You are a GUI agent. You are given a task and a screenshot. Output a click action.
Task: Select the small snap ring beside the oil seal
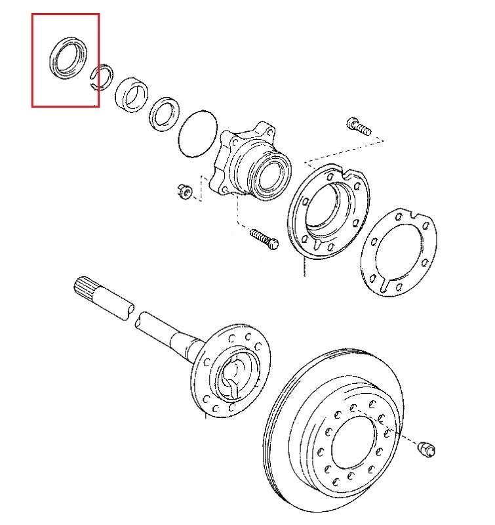coord(102,77)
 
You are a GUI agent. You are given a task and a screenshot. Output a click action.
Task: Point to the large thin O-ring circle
coord(198,135)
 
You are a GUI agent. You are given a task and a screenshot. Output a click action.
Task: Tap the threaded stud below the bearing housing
coord(264,237)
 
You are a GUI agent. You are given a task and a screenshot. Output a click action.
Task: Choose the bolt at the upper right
coord(359,126)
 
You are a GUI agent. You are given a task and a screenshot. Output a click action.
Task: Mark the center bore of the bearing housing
coord(271,175)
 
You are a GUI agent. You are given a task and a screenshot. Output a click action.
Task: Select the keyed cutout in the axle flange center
coord(233,377)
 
